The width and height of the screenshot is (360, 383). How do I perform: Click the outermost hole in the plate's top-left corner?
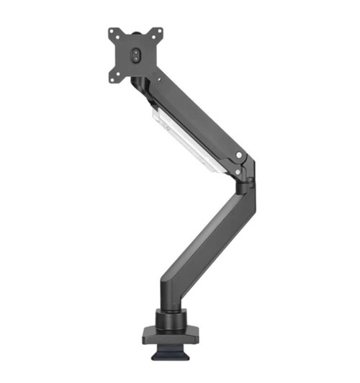point(112,32)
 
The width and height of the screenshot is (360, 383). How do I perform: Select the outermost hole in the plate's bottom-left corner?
point(112,78)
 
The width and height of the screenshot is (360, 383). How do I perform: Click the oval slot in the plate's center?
point(136,55)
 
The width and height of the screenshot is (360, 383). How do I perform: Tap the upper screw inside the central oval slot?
point(136,51)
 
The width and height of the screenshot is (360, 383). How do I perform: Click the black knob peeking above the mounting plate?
point(136,30)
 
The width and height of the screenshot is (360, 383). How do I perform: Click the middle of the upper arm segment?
point(191,115)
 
